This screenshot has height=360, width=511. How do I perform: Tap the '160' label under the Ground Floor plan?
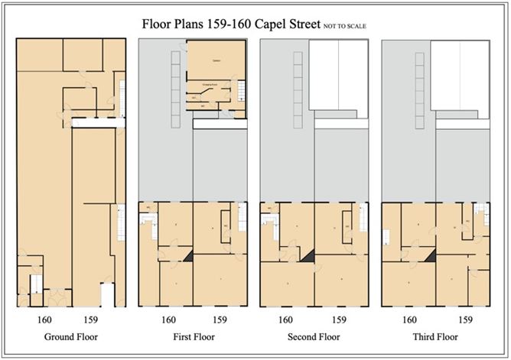(44, 319)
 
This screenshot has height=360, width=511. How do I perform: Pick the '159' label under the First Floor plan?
(220, 319)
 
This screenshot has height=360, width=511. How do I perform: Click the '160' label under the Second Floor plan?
(286, 319)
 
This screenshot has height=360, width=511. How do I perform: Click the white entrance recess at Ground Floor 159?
(107, 294)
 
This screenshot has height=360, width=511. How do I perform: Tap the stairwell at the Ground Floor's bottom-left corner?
(35, 286)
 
